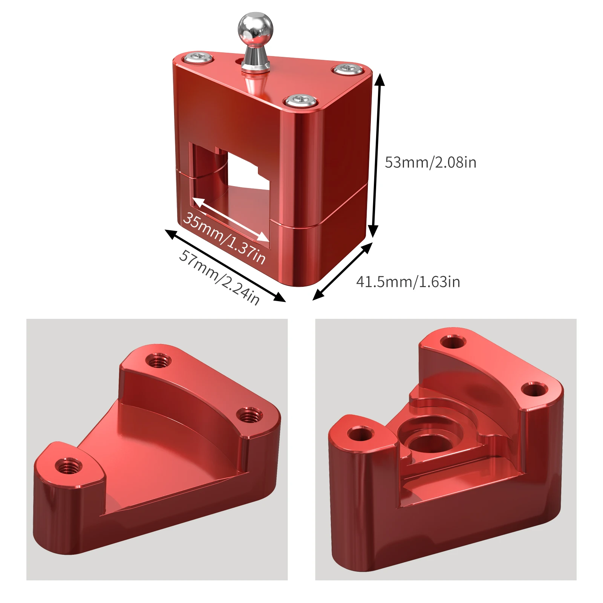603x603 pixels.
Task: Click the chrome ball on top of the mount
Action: click(255, 29)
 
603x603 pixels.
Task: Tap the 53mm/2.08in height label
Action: click(430, 162)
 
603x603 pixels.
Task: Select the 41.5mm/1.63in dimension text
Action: click(408, 282)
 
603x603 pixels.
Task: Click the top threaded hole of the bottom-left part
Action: click(158, 361)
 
